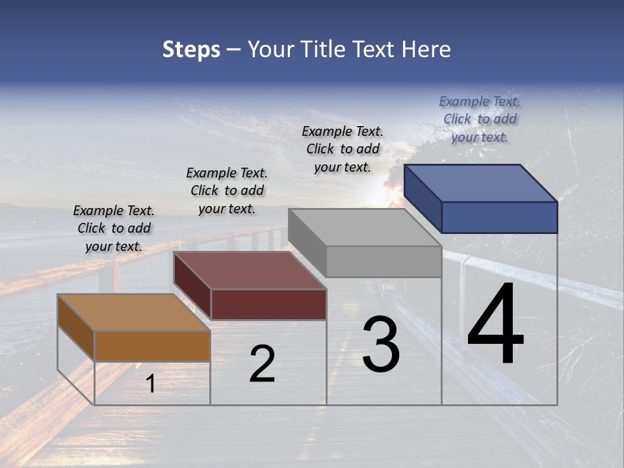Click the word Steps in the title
191,49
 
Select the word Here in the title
426,49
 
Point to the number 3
380,345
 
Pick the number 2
262,365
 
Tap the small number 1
150,384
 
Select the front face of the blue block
499,217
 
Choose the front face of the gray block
383,262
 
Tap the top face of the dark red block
250,270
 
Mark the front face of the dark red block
268,304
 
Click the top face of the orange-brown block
134,313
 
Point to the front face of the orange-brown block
152,346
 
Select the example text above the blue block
480,119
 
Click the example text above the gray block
343,149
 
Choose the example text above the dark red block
227,190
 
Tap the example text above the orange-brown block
114,228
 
